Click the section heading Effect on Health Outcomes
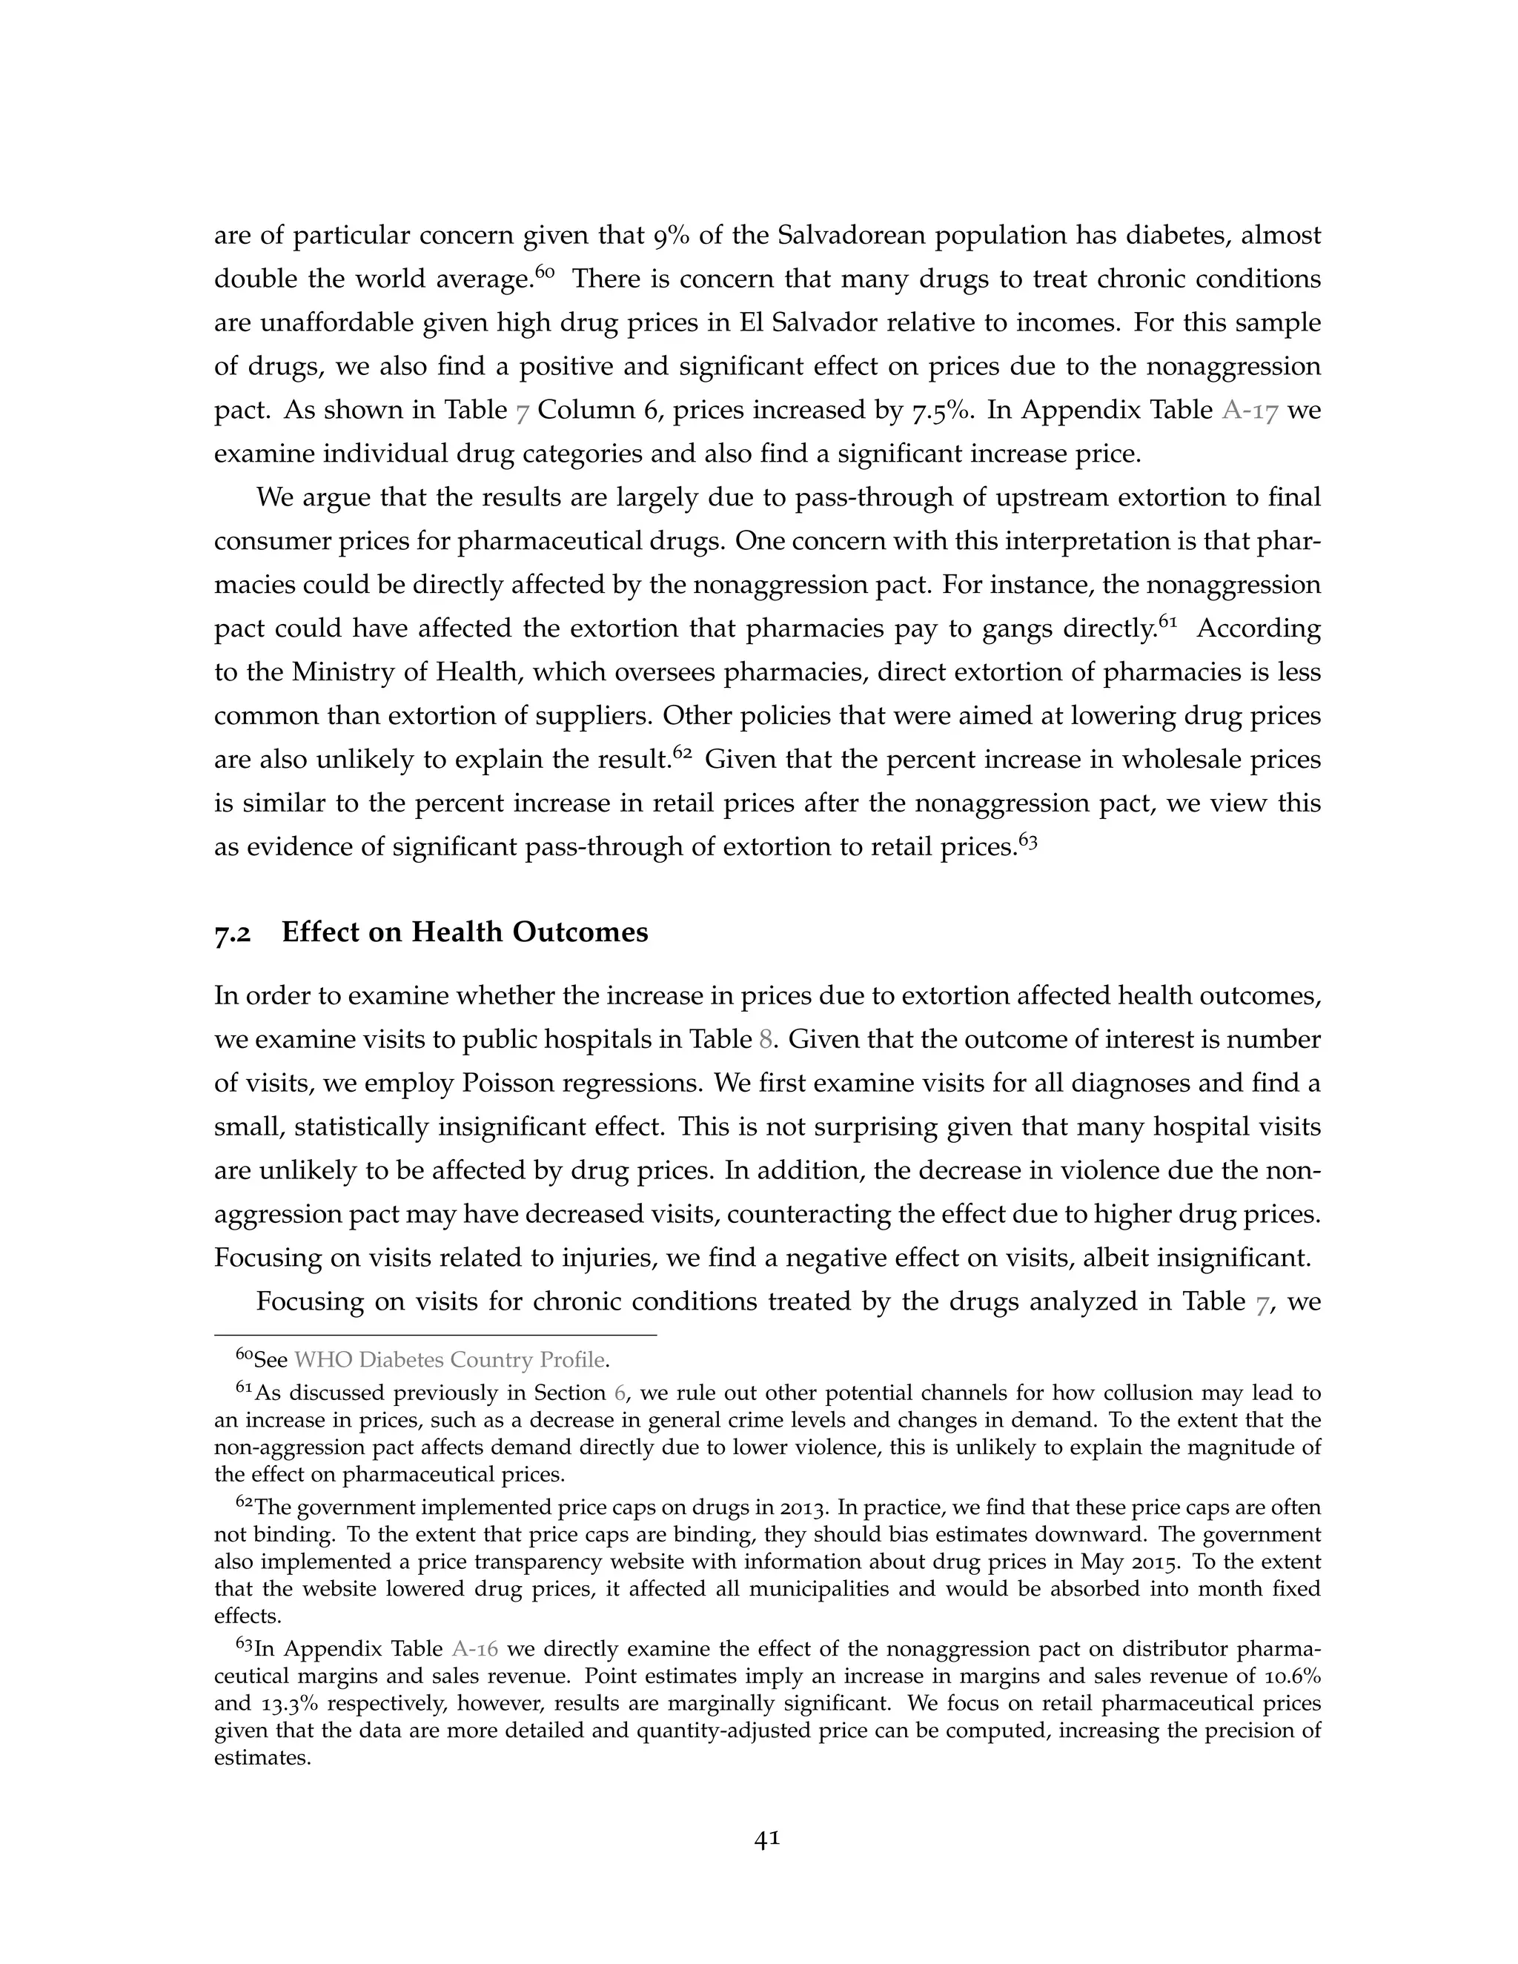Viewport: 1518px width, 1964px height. point(464,932)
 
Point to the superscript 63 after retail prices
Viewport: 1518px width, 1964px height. point(1028,839)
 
